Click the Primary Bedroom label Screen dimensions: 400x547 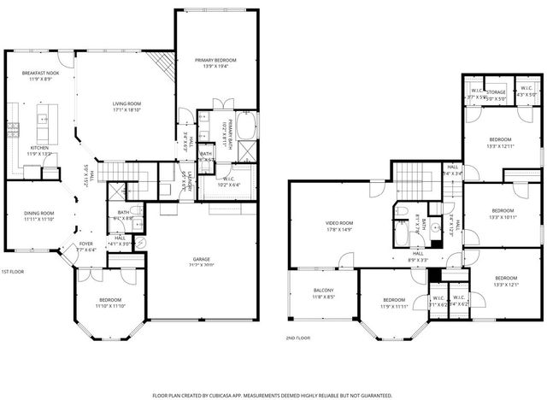click(x=215, y=61)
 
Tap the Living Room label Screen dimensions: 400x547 click(x=126, y=106)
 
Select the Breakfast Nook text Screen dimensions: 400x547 click(x=39, y=75)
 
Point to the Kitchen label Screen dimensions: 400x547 click(x=40, y=150)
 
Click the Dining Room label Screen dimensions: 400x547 click(x=39, y=215)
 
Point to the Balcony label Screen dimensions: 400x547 click(x=324, y=295)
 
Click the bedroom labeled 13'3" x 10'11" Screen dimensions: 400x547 click(x=503, y=213)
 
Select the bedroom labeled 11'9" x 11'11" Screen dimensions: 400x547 click(x=393, y=302)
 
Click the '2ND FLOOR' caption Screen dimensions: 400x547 click(x=298, y=338)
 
